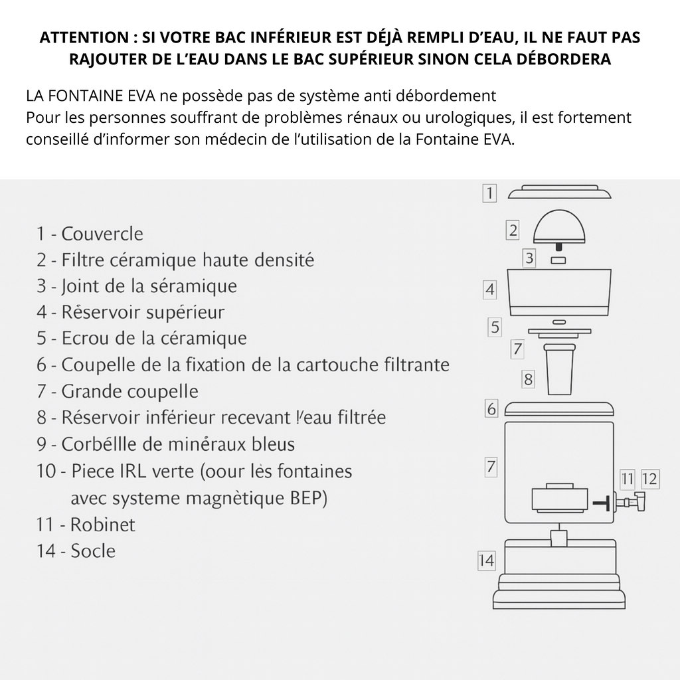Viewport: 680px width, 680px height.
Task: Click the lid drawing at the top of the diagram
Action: click(559, 193)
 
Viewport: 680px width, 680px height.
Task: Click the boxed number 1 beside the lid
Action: click(489, 193)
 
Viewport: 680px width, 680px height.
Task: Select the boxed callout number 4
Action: click(490, 290)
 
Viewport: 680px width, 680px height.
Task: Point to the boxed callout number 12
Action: click(650, 478)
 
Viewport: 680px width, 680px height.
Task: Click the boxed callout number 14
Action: click(487, 561)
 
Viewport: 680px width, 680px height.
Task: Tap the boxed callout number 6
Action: click(491, 409)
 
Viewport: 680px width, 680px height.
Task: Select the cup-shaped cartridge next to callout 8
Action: click(558, 369)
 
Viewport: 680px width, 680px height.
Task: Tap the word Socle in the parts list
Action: click(93, 551)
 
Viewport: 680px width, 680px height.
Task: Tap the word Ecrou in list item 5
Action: click(81, 338)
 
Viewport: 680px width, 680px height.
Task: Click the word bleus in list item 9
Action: click(272, 444)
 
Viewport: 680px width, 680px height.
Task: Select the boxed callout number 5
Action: click(495, 327)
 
